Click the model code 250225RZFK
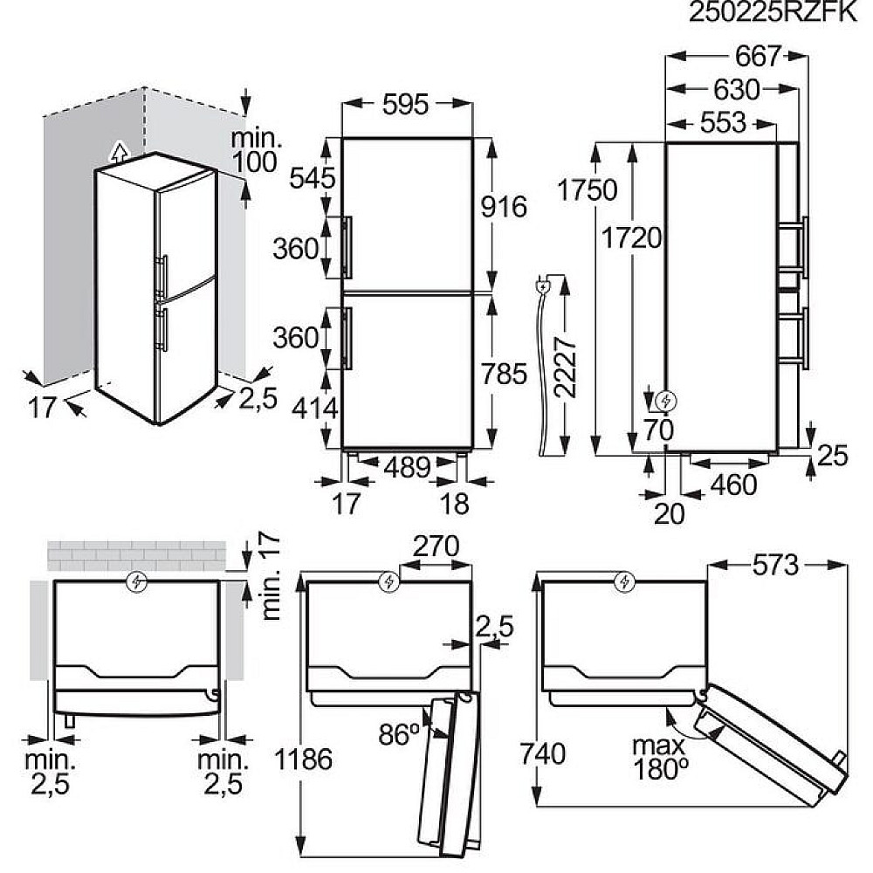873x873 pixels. (x=773, y=12)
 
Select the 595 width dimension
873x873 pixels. (x=405, y=104)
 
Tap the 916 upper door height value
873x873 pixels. (x=504, y=207)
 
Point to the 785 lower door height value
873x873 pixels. (x=504, y=374)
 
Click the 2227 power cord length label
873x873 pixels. (x=565, y=367)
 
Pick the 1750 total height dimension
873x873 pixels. (x=588, y=189)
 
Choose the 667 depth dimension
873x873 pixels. (x=759, y=56)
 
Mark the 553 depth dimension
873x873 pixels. (x=723, y=123)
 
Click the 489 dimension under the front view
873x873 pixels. (x=407, y=468)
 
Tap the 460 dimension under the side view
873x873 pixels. (x=733, y=485)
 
